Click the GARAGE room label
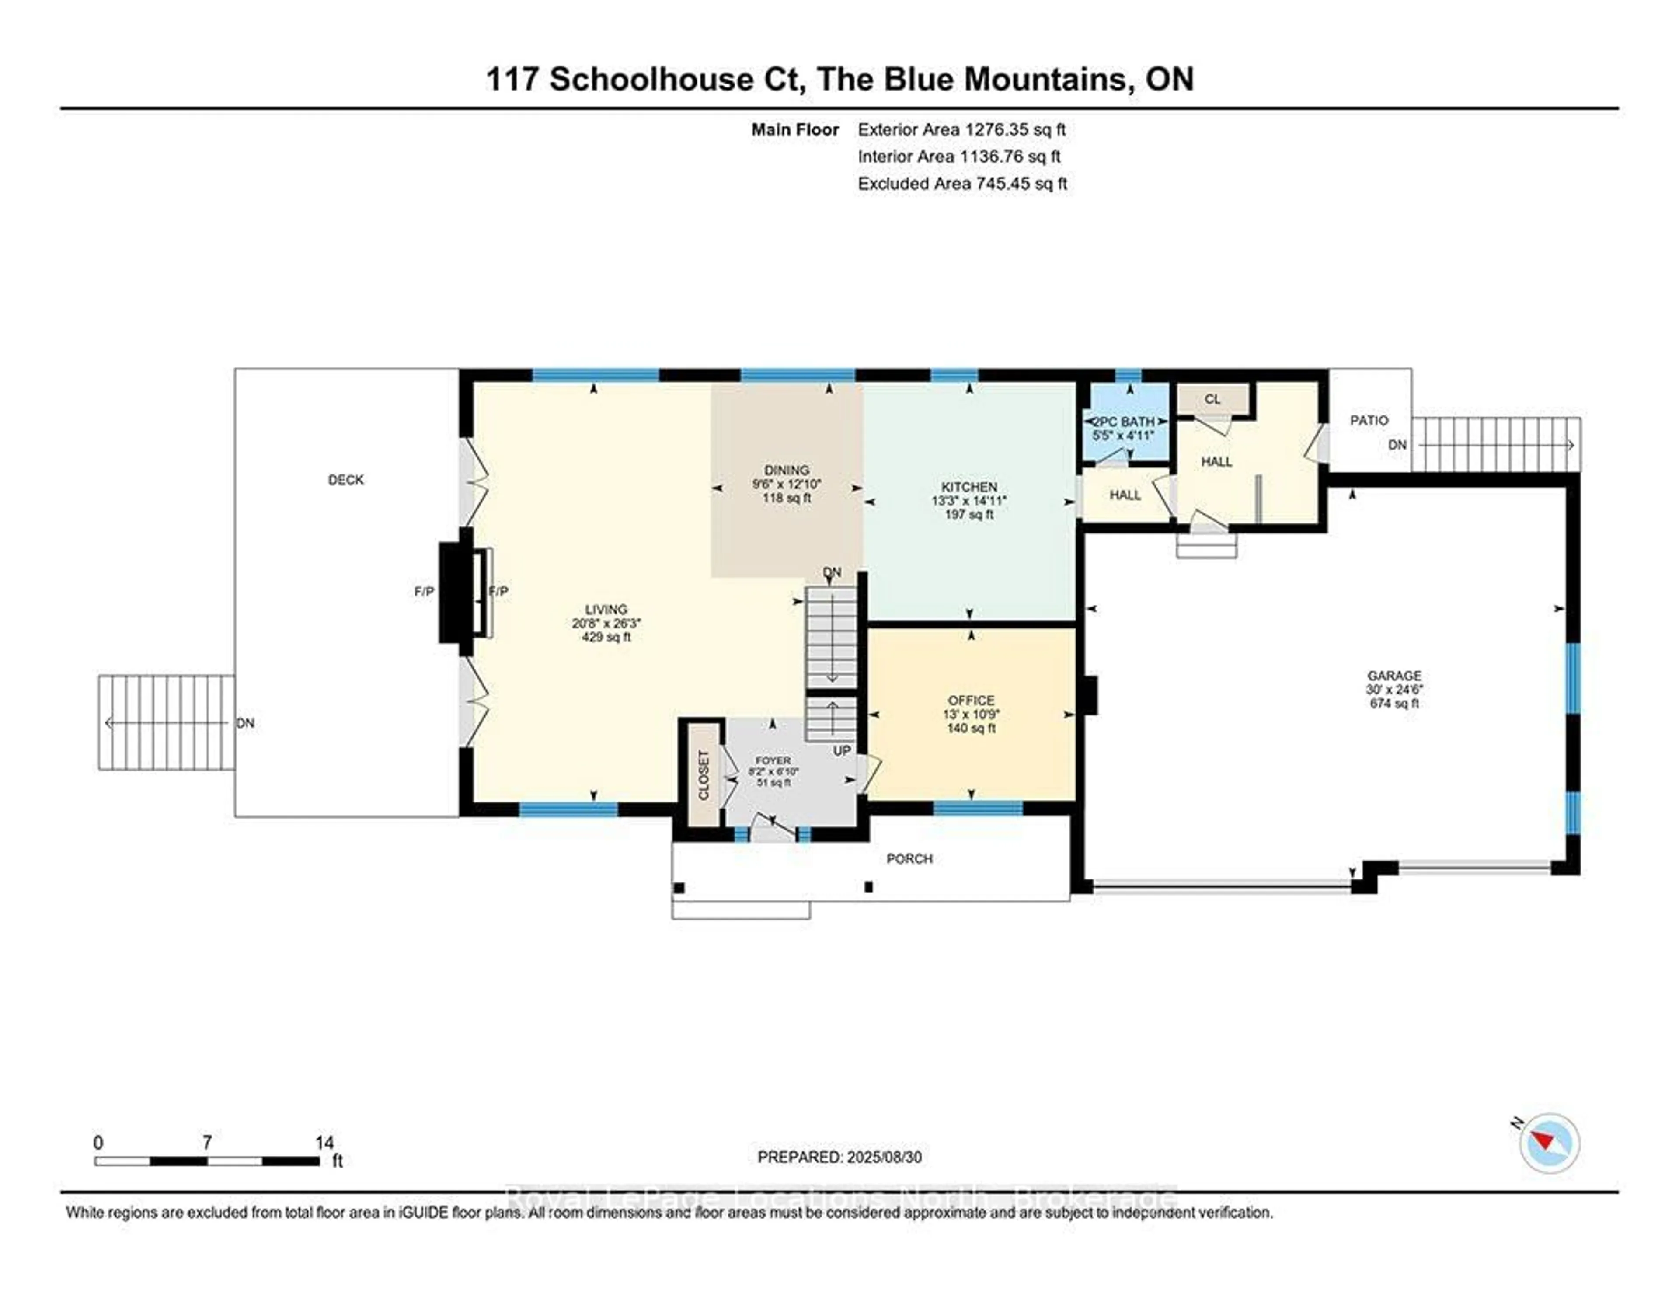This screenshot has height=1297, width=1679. (1394, 676)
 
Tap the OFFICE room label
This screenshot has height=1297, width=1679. (971, 701)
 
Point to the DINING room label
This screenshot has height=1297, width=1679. (787, 470)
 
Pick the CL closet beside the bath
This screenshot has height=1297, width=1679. (1212, 399)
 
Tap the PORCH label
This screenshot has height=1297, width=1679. (909, 859)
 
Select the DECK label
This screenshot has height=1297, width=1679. (346, 480)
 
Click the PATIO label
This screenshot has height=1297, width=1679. (1369, 421)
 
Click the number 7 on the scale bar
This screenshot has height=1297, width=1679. (207, 1143)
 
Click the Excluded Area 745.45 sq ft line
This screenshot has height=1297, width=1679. (962, 184)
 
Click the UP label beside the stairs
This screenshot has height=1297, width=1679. (842, 750)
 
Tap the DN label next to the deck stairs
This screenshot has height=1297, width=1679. (245, 723)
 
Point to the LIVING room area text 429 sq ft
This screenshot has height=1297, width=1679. (606, 638)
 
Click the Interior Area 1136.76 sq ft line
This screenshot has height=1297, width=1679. (959, 157)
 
